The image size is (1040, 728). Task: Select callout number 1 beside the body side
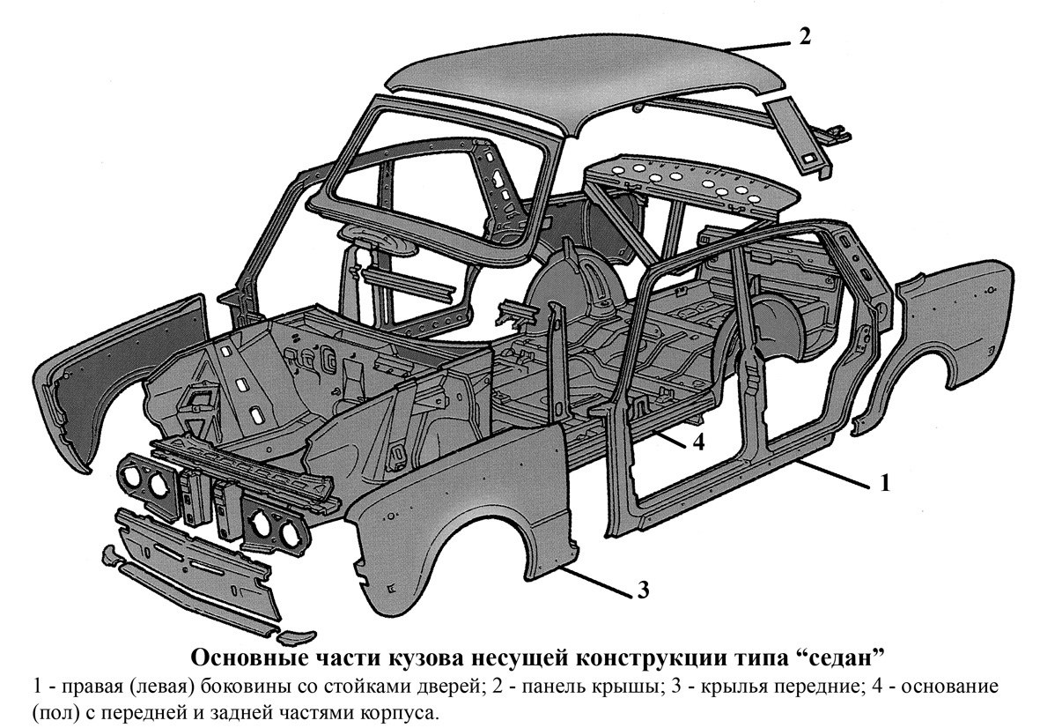pos(883,483)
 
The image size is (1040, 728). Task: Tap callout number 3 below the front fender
pos(643,590)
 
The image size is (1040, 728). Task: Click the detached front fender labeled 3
pos(464,511)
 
